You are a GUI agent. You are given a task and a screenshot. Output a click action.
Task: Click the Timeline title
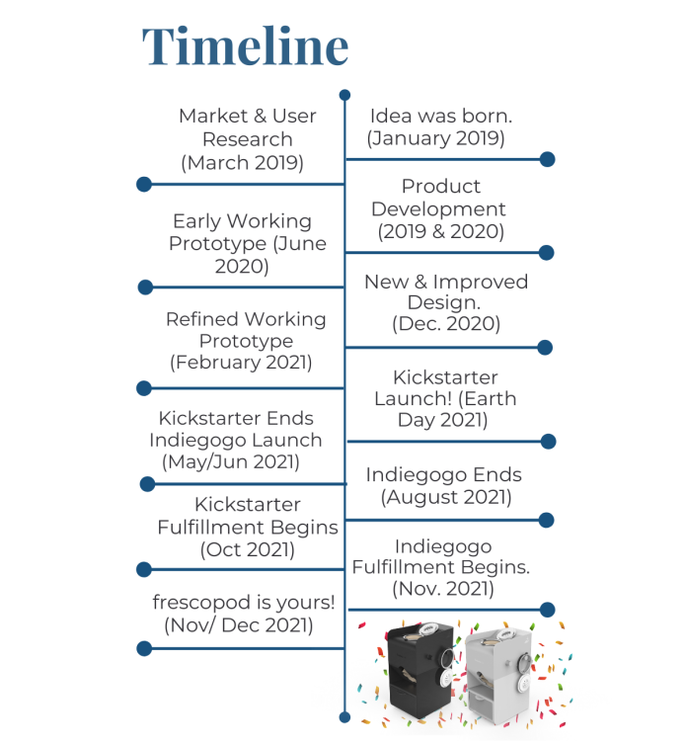click(246, 46)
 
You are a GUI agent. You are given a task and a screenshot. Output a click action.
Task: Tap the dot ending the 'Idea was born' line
click(547, 159)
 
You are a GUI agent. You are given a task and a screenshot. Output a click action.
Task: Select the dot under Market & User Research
click(144, 184)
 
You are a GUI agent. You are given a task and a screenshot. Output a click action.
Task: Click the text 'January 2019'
click(435, 138)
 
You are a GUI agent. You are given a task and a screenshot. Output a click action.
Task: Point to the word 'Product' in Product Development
click(441, 186)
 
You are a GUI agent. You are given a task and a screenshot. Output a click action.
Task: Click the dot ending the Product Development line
click(546, 252)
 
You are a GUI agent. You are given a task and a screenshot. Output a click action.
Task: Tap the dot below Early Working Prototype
click(145, 288)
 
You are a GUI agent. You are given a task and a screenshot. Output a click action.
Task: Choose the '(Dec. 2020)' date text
click(446, 324)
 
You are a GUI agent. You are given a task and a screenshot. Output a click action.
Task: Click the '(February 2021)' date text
click(241, 363)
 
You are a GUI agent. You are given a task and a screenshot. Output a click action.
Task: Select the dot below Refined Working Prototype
click(144, 388)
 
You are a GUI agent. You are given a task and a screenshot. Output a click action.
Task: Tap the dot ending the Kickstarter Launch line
click(548, 442)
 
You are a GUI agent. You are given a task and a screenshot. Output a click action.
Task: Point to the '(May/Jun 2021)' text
click(231, 461)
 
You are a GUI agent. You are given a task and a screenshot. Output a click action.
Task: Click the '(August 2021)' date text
click(446, 497)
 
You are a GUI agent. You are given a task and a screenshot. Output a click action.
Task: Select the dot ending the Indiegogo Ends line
click(546, 520)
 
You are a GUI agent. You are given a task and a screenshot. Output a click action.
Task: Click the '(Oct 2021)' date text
click(248, 550)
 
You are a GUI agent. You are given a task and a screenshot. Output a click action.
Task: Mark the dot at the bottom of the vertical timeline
click(345, 717)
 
